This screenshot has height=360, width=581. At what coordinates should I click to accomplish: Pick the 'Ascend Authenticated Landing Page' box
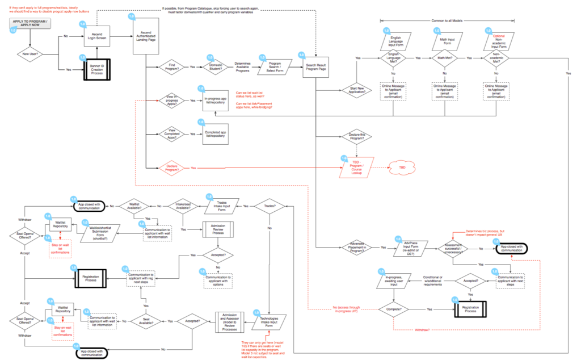[146, 39]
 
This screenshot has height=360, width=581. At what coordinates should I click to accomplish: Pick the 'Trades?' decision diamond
[269, 206]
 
